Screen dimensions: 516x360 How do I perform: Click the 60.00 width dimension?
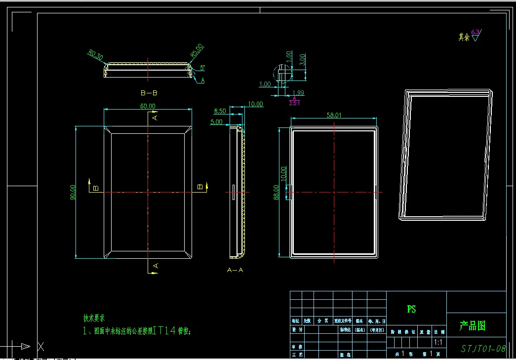pos(148,106)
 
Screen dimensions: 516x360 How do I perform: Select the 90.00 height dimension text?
pos(73,192)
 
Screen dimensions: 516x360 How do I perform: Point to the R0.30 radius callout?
pos(95,55)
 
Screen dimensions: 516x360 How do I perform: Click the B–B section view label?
pos(149,93)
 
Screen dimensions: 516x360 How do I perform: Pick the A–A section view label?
pos(235,270)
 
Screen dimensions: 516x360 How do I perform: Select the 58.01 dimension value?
pos(334,115)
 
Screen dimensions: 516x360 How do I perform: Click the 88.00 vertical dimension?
pos(277,192)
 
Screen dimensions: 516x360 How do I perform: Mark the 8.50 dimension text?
pos(220,112)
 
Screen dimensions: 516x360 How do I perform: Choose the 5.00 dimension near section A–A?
pos(216,122)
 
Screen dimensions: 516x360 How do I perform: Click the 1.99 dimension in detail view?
pos(298,93)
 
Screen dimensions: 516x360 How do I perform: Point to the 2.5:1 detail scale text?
pos(295,103)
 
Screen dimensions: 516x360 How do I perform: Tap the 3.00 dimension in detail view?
pos(302,61)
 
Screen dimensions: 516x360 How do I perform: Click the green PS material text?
pos(411,309)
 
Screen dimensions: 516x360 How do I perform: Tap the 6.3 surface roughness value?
pos(475,33)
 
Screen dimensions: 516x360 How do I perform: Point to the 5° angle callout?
pos(202,68)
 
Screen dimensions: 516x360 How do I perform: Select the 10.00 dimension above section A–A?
pos(255,104)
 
